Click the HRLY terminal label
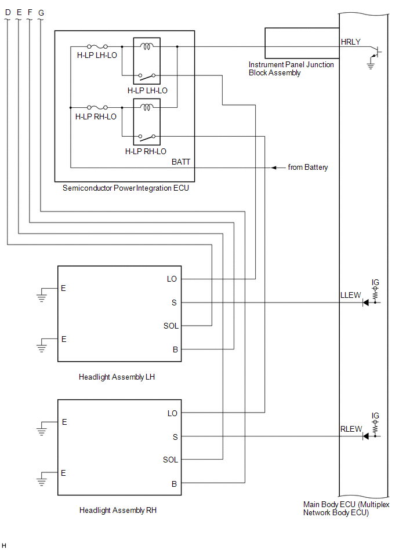point(350,42)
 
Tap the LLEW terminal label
point(350,296)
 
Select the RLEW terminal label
point(351,429)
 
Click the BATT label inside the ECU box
point(181,162)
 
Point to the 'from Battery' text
point(308,167)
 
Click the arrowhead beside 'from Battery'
point(274,167)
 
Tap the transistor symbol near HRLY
point(375,53)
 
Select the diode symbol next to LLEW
point(366,303)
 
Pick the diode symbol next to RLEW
point(366,436)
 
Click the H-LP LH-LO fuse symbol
point(97,46)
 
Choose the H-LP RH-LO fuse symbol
point(97,107)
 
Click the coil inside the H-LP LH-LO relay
point(147,46)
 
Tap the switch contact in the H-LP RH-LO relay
point(147,137)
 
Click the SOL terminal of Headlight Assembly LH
point(171,326)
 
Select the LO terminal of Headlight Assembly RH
point(172,413)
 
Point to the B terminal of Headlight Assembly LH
point(175,349)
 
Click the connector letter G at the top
point(41,13)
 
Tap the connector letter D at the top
point(8,12)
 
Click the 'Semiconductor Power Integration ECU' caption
point(126,188)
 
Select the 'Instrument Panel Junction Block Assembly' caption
point(291,69)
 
